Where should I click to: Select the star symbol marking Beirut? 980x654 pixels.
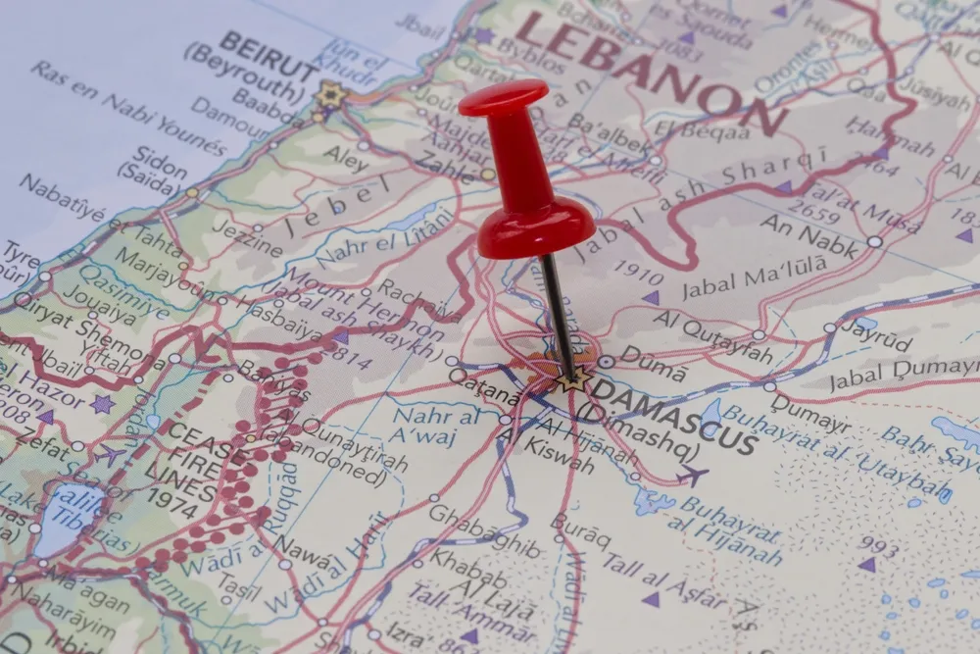330,95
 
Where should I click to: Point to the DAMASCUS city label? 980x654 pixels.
676,417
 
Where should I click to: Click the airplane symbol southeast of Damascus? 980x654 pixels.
693,478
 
